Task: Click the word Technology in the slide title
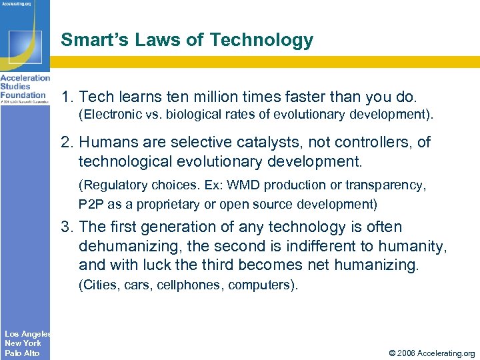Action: point(261,40)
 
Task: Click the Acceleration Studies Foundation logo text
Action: point(24,87)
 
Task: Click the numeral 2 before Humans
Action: point(66,142)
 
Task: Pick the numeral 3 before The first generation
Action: point(66,227)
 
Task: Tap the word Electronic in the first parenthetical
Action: point(110,114)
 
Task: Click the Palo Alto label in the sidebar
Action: point(22,353)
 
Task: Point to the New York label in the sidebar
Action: point(23,343)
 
